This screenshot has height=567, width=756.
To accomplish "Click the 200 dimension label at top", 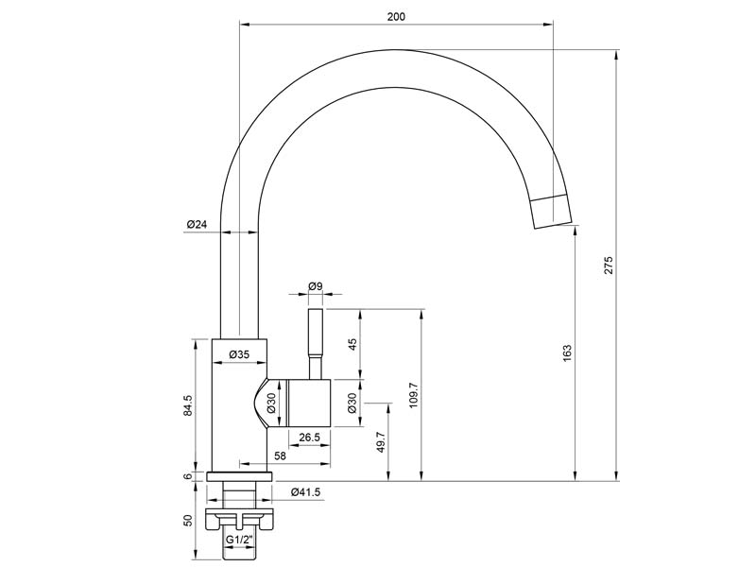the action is [396, 17].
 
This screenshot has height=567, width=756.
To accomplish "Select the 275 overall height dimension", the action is [609, 266].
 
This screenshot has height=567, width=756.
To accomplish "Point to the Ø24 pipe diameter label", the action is [197, 224].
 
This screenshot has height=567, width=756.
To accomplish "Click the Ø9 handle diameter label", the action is [316, 286].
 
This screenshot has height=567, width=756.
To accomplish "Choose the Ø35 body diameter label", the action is [239, 355].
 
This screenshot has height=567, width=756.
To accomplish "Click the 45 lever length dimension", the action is [352, 344].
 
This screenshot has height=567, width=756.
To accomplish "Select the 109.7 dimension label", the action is [413, 395].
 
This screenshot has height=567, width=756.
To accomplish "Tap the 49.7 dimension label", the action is [381, 441].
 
